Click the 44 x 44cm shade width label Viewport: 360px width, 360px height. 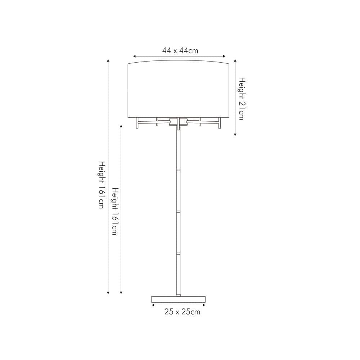pyautogui.click(x=180, y=50)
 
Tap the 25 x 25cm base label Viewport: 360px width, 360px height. pyautogui.click(x=182, y=312)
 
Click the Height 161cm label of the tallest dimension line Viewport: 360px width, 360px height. pyautogui.click(x=102, y=184)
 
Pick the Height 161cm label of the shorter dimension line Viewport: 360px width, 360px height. pyautogui.click(x=114, y=211)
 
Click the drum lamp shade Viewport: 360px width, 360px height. pyautogui.click(x=179, y=90)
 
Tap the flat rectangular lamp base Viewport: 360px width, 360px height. pyautogui.click(x=179, y=299)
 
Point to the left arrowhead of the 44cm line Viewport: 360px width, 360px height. pyautogui.click(x=134, y=56)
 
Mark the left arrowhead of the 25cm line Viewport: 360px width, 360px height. pyautogui.click(x=153, y=305)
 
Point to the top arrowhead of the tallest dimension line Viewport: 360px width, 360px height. pyautogui.click(x=108, y=61)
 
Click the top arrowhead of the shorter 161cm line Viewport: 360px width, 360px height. pyautogui.click(x=121, y=127)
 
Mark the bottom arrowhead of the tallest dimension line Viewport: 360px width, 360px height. pyautogui.click(x=108, y=293)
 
